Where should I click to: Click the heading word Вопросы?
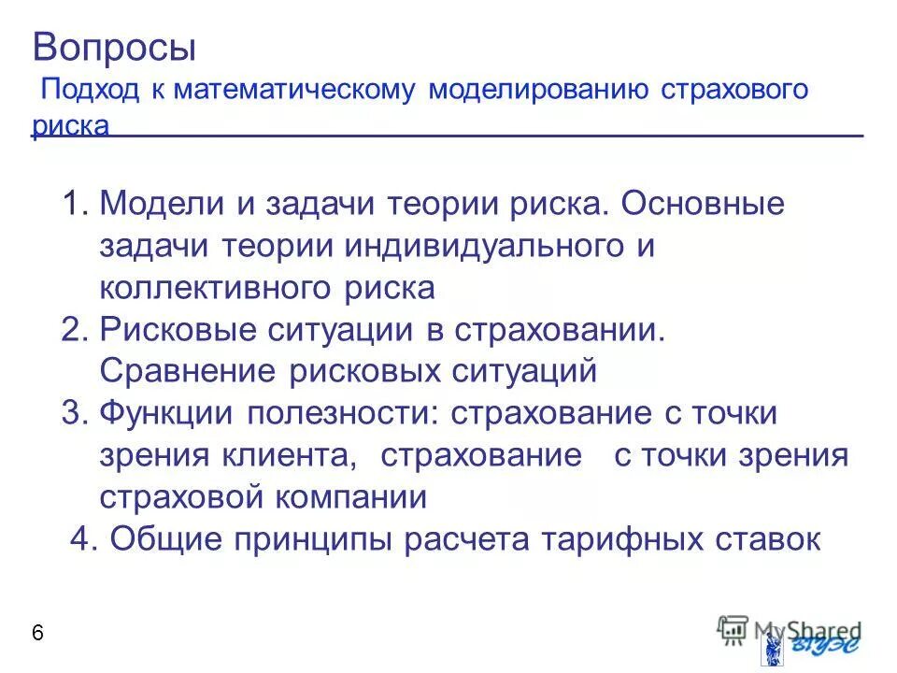(114, 47)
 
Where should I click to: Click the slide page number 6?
(37, 633)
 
